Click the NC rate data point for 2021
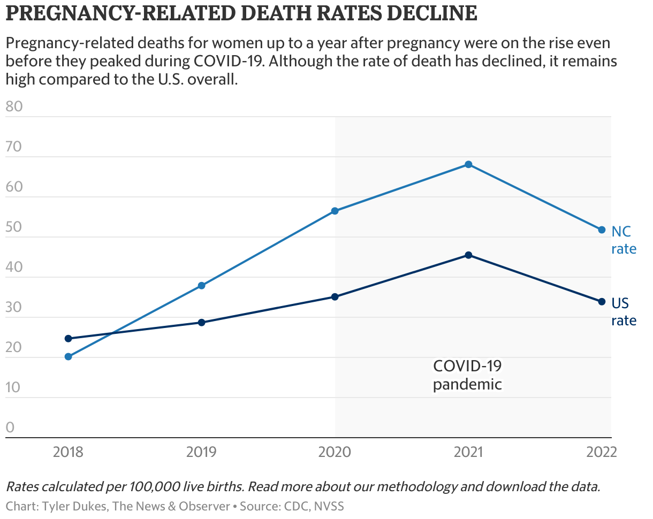[x=468, y=164]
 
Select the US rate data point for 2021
[x=468, y=255]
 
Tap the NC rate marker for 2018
[x=68, y=357]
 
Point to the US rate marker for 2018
[x=68, y=339]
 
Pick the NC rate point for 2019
[x=202, y=286]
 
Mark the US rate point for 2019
[x=202, y=323]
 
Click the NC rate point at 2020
[x=335, y=211]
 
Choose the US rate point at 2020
[x=335, y=297]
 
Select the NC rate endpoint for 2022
[x=602, y=230]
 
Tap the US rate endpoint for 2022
[x=602, y=302]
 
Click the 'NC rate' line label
[x=624, y=240]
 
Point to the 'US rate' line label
[x=624, y=312]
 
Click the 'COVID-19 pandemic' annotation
[x=467, y=375]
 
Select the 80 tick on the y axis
[x=14, y=106]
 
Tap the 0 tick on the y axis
[x=10, y=427]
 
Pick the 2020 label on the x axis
[x=335, y=452]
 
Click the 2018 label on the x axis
[x=68, y=452]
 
